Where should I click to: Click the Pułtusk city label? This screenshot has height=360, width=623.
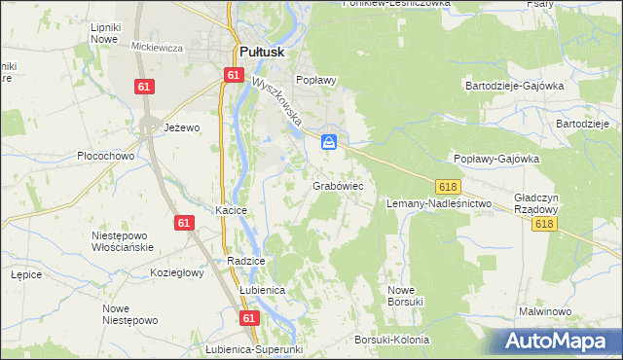click(x=261, y=54)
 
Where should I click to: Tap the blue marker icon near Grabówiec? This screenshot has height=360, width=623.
click(x=330, y=143)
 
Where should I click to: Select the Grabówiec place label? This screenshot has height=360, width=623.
click(x=338, y=185)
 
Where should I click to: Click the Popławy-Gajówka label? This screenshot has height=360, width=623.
click(x=496, y=159)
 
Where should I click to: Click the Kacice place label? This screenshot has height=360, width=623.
click(x=231, y=210)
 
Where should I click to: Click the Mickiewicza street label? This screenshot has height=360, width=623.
click(x=158, y=47)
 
